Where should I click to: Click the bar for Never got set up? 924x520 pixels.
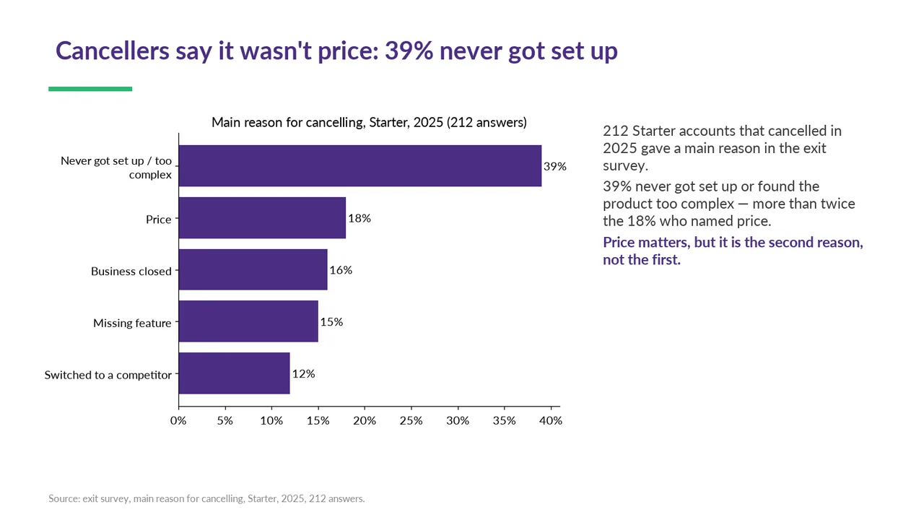(x=360, y=165)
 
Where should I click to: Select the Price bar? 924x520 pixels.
(x=262, y=217)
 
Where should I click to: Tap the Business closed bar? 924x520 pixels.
(x=253, y=269)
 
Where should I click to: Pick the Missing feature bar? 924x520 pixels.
(x=248, y=321)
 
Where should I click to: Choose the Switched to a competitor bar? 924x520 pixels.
(x=235, y=373)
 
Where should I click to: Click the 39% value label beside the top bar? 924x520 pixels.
(x=555, y=166)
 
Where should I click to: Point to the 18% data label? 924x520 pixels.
(x=359, y=218)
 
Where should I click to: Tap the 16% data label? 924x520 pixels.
(x=341, y=270)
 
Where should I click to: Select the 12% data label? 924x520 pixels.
(x=304, y=373)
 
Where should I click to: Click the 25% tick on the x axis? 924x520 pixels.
(x=411, y=420)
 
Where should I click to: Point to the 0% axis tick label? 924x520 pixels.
(x=178, y=420)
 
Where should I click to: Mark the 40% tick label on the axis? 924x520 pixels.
(x=551, y=420)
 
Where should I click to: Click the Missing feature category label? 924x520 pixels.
(x=132, y=323)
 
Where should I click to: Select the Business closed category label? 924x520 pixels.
(x=131, y=271)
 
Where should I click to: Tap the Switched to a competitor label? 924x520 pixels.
(x=108, y=375)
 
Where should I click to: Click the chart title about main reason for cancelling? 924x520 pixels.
(x=369, y=122)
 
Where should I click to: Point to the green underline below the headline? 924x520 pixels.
(x=90, y=89)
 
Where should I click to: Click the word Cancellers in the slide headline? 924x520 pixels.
(x=113, y=51)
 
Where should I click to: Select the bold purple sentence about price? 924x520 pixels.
(x=733, y=251)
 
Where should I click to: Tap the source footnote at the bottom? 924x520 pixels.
(x=206, y=498)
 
